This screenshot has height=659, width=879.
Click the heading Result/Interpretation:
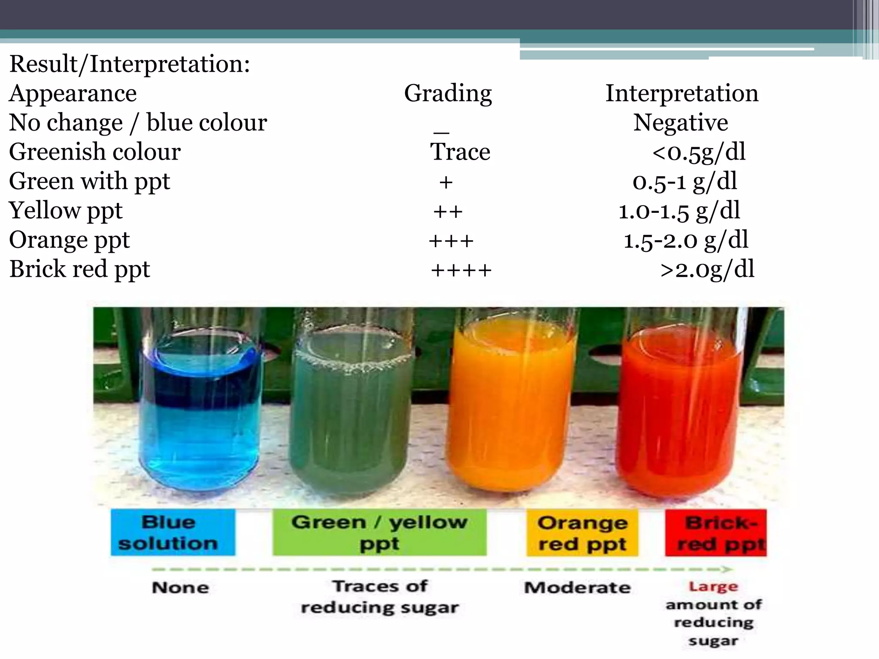[129, 64]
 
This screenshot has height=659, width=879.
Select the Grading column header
[448, 94]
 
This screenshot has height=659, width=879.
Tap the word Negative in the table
[681, 123]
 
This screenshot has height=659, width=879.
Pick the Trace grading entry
[460, 152]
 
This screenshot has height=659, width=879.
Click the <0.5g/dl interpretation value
[699, 152]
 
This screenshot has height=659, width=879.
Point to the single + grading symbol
[446, 182]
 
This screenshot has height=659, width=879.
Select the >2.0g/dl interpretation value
[707, 270]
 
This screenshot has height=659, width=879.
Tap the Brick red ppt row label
[80, 269]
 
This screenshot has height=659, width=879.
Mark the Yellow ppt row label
[66, 211]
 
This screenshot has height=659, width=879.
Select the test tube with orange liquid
[511, 412]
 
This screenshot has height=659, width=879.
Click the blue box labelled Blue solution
[173, 532]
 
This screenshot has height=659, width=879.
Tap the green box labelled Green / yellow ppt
[379, 532]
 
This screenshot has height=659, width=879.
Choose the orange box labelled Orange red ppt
[582, 533]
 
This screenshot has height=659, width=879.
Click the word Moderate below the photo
[577, 587]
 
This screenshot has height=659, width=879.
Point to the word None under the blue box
[180, 587]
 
